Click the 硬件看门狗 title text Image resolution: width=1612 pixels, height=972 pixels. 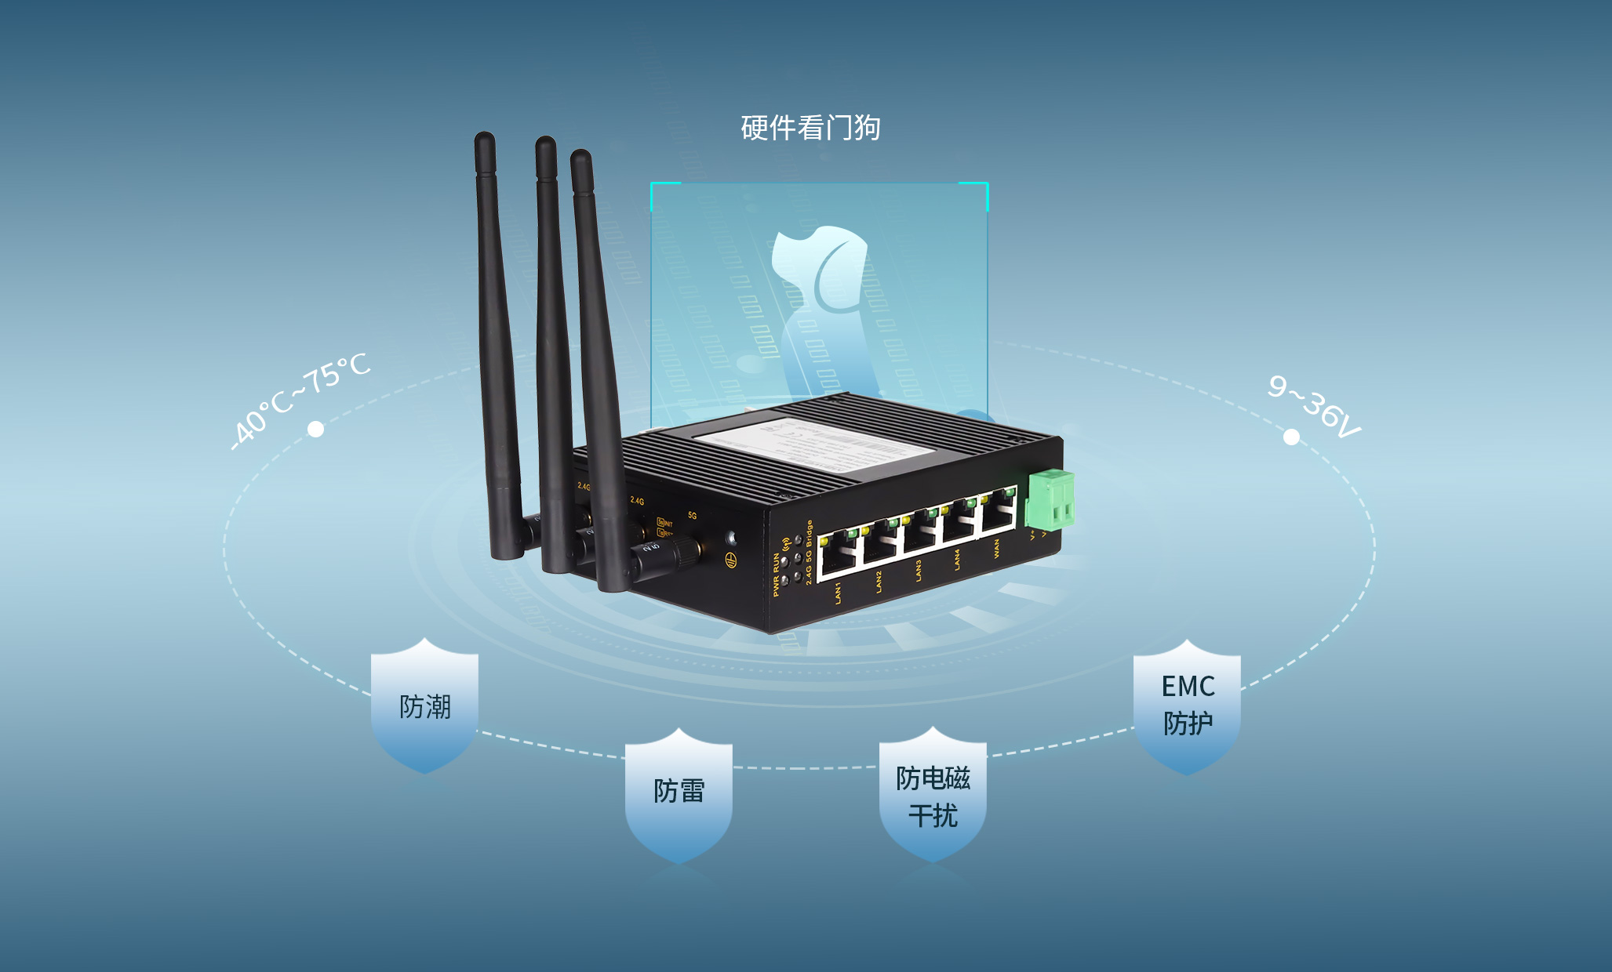tap(810, 128)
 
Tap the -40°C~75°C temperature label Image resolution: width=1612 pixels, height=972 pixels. tap(301, 401)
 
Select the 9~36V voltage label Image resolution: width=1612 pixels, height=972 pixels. tap(1314, 407)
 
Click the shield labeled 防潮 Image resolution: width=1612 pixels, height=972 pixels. tap(424, 706)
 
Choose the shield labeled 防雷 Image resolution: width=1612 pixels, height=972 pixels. tap(679, 792)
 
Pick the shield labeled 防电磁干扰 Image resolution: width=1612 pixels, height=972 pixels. tap(933, 796)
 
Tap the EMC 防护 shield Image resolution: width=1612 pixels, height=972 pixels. tap(1187, 705)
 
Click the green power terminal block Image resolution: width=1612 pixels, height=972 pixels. tap(1050, 499)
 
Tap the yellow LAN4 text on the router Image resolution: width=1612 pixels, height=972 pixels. tap(957, 559)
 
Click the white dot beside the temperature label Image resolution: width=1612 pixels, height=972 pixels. tap(315, 429)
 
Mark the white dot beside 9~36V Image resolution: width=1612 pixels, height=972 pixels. tap(1291, 437)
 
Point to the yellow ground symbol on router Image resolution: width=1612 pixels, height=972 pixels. tap(730, 560)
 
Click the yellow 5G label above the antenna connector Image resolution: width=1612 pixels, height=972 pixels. tap(692, 515)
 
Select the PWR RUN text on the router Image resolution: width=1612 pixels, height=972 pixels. tap(777, 575)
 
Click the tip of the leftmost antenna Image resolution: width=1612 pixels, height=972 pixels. tap(484, 139)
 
